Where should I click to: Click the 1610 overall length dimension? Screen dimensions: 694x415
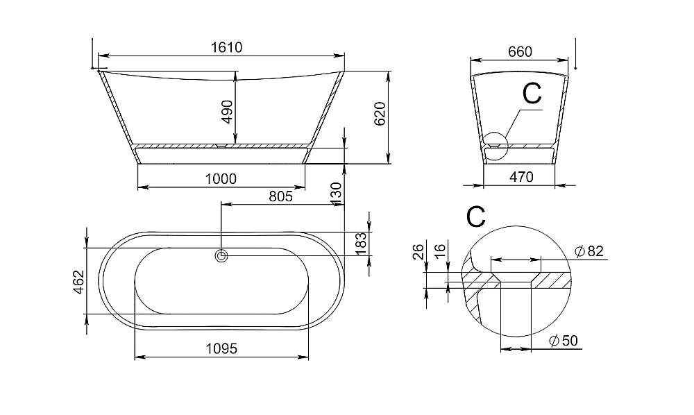pos(227,47)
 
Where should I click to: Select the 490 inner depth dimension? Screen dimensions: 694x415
pos(227,112)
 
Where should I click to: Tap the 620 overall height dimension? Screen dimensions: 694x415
pos(380,114)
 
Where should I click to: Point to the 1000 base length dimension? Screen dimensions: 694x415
pos(221,179)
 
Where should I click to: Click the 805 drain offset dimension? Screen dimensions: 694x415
pos(280,196)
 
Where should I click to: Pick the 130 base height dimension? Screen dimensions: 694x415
pos(337,194)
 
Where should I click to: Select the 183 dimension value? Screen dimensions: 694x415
pos(361,244)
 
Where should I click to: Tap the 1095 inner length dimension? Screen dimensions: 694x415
pos(221,348)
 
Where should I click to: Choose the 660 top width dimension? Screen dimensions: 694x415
pos(520,52)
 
